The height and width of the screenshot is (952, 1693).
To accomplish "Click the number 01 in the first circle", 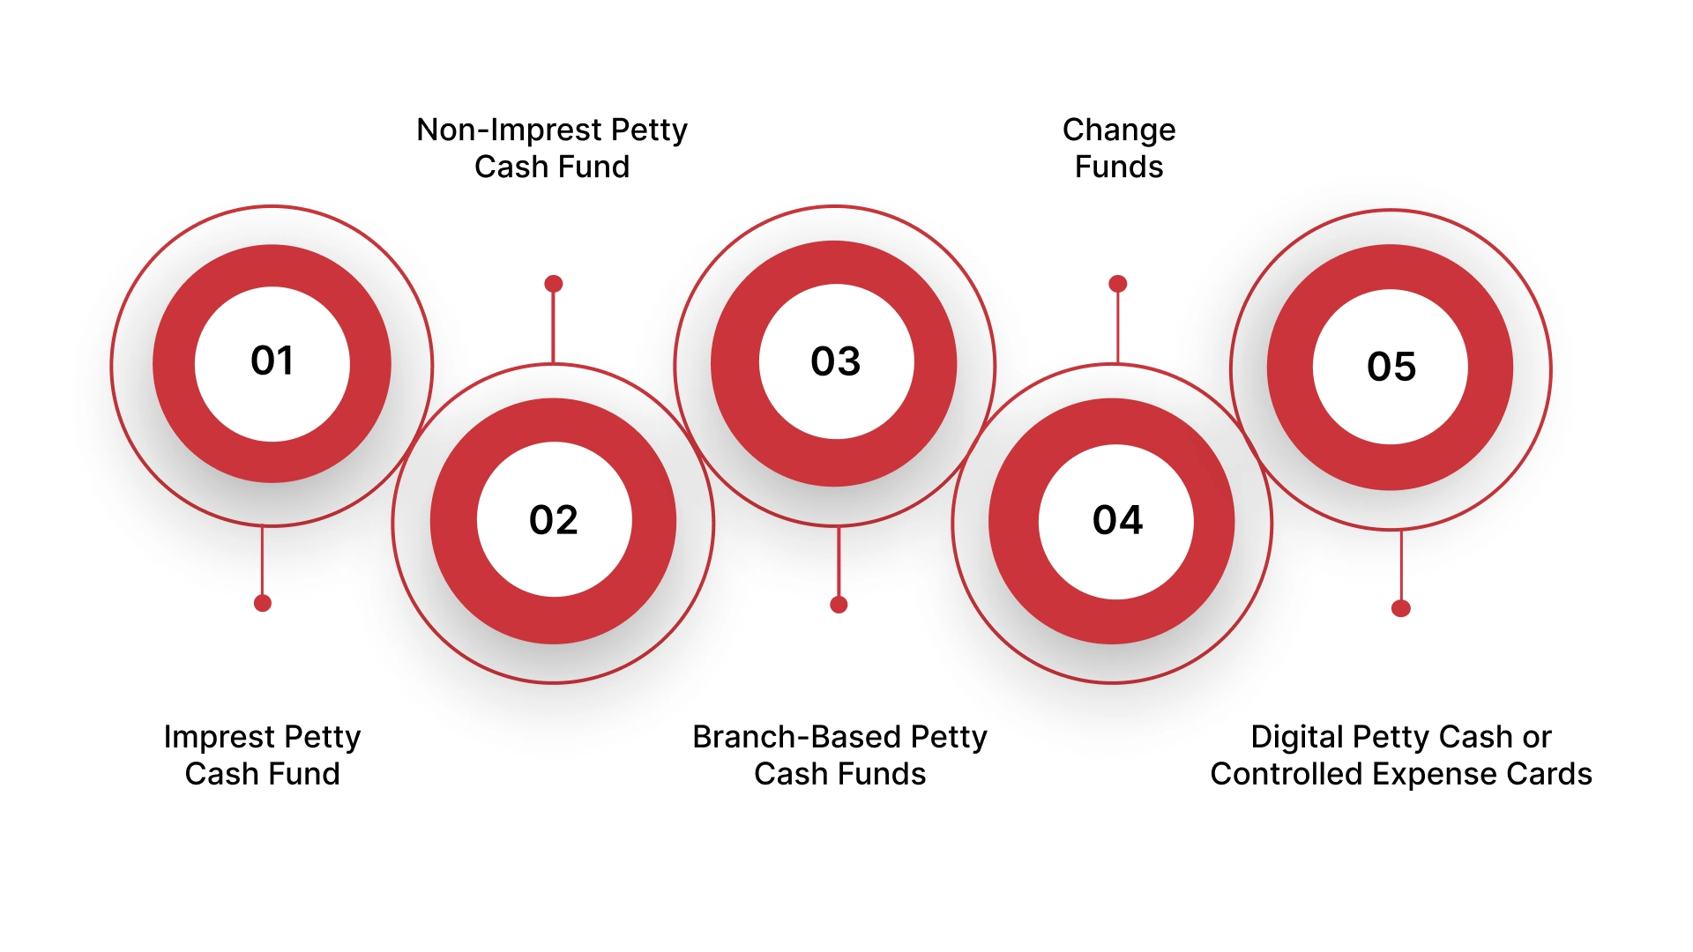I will click(272, 361).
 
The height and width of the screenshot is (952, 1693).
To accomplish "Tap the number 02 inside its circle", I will click(553, 520).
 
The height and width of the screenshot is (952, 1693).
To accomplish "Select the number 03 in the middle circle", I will click(835, 361).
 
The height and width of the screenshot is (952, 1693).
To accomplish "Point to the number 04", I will click(1117, 520).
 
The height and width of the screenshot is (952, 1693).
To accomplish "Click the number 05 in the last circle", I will click(1391, 367).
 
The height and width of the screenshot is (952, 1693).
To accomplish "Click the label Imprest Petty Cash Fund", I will click(262, 755).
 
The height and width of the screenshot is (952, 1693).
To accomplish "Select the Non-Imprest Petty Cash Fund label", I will click(551, 148).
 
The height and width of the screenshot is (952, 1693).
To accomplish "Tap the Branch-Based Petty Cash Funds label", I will click(839, 755).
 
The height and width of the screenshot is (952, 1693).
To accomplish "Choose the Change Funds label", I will click(1118, 148).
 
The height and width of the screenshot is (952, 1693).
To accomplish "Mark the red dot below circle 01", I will click(262, 603).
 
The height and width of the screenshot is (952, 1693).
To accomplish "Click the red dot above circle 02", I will click(553, 284).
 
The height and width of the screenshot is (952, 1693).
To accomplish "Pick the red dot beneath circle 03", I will click(839, 605).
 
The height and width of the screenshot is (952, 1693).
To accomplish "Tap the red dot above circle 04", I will click(1117, 284).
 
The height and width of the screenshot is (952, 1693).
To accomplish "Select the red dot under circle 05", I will click(1400, 608).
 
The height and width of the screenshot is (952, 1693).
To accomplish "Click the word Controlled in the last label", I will click(1286, 774).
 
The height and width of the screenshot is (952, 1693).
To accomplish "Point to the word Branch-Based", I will click(795, 737).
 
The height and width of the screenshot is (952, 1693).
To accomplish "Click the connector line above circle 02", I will click(553, 326).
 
